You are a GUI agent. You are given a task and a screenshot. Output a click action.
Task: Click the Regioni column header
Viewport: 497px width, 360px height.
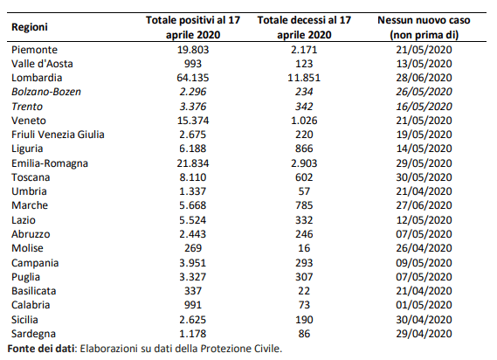pos(30,27)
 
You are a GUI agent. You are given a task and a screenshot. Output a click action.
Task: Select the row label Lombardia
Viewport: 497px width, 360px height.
pos(37,78)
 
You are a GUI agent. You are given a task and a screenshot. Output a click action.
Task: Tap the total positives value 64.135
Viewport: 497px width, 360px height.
pos(193,78)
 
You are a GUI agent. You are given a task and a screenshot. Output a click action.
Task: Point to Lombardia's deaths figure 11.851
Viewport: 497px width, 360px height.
pos(304,78)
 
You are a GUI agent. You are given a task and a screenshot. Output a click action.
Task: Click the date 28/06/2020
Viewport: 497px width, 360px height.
pos(424,78)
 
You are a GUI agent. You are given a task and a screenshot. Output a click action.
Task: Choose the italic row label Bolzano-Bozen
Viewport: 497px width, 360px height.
pos(46,92)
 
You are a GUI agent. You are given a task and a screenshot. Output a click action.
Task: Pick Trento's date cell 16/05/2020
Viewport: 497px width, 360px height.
pos(424,107)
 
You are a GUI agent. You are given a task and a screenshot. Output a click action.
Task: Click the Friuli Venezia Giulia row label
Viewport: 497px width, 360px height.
pos(58,135)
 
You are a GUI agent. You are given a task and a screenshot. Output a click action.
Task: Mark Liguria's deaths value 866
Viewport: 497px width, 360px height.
pos(304,149)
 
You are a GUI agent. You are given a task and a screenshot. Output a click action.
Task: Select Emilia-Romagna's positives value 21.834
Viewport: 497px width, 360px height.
pos(193,163)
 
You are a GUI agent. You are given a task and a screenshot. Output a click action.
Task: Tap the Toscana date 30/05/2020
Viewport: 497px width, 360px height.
pos(424,177)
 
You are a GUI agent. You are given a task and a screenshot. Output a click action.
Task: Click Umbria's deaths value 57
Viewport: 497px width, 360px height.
pos(304,191)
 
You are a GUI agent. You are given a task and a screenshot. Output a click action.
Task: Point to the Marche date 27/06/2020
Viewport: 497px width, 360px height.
pos(424,205)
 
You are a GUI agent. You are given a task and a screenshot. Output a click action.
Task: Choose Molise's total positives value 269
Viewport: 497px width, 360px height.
pos(193,248)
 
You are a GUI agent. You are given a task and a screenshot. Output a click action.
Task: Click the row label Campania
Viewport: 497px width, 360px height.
pos(35,263)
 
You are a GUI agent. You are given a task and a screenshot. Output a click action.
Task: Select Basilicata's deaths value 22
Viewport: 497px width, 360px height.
pos(304,291)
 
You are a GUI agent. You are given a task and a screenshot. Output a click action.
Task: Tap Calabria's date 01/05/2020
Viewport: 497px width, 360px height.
pos(424,305)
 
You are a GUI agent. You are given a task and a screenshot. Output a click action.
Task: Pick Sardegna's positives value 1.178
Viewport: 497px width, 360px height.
pos(193,334)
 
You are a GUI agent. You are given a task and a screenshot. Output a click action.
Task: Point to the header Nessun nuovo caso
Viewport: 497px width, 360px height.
pos(424,20)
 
